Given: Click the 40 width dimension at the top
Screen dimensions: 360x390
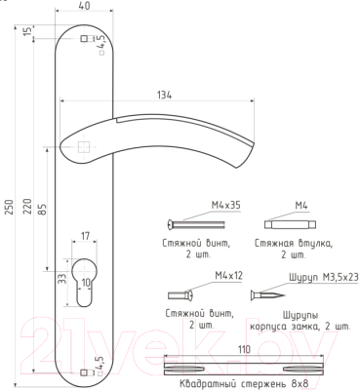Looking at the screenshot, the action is [x=85, y=6].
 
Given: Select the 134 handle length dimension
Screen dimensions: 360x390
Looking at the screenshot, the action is [x=165, y=95].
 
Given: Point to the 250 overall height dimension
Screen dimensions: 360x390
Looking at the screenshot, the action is [x=10, y=207].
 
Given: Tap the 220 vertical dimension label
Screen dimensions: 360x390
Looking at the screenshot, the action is [x=27, y=207].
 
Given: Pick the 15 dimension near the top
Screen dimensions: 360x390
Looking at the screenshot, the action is [x=28, y=31].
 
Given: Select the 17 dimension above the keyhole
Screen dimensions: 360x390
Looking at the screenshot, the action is [x=85, y=236].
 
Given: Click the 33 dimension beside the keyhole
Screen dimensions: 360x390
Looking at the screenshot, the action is [x=62, y=279].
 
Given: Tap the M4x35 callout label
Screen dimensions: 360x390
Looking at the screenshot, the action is [x=226, y=206].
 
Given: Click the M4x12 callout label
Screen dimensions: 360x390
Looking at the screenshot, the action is [x=228, y=276].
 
